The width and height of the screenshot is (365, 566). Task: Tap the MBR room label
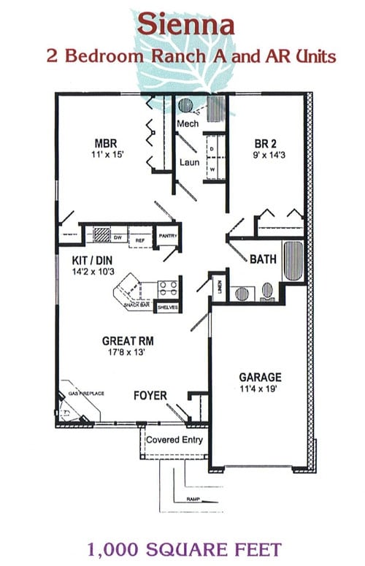107,143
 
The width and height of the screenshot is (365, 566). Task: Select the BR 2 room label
266,143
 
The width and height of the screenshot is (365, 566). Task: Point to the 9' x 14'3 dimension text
266,155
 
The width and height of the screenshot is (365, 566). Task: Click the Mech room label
188,124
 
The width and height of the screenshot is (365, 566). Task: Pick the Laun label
189,161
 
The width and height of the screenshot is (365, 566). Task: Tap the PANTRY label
168,236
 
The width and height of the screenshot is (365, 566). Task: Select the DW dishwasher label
117,238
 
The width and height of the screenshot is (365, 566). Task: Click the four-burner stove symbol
167,288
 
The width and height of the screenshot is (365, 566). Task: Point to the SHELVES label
167,307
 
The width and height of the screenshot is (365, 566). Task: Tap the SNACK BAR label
137,305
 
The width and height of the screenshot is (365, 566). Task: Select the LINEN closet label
219,286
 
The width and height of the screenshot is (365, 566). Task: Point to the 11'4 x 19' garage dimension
261,389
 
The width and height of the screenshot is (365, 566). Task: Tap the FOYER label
150,396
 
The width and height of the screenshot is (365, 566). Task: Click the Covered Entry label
174,440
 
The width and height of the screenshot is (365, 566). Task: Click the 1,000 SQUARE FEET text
183,548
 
